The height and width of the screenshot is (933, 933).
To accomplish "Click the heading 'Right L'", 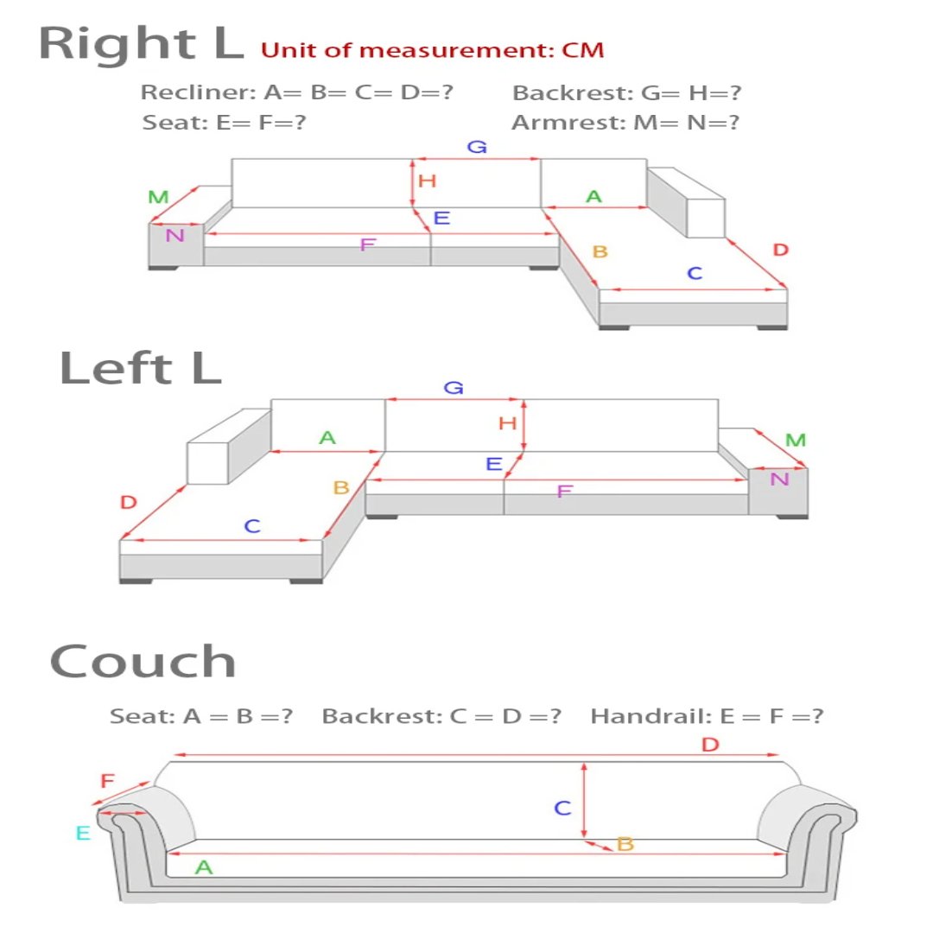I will [142, 44].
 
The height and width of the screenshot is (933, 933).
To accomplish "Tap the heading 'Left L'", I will [140, 368].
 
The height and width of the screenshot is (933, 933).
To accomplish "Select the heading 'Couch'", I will [143, 663].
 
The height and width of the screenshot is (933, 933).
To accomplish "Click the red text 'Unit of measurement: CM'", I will [432, 50].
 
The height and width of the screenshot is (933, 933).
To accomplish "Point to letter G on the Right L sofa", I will [477, 147].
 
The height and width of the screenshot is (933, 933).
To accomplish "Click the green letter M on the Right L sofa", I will [158, 197].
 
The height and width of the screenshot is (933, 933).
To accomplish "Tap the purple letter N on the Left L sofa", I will [779, 479].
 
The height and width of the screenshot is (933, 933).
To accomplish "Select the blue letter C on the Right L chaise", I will [695, 274].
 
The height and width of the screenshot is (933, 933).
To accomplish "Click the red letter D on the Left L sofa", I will [129, 502].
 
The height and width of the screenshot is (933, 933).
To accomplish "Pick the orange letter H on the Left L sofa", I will [508, 423].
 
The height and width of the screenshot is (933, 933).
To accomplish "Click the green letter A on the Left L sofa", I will [327, 438].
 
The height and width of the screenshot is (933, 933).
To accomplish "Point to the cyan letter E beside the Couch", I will [83, 834].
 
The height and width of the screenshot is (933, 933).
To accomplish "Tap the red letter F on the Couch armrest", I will [107, 782].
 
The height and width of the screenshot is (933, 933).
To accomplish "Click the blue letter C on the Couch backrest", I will [562, 809].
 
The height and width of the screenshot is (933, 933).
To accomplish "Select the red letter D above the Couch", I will [710, 745].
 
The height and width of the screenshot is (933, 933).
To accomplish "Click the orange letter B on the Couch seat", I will [625, 844].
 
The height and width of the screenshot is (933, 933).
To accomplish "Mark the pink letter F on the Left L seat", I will [564, 492].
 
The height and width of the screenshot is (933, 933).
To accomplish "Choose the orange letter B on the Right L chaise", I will [600, 252].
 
